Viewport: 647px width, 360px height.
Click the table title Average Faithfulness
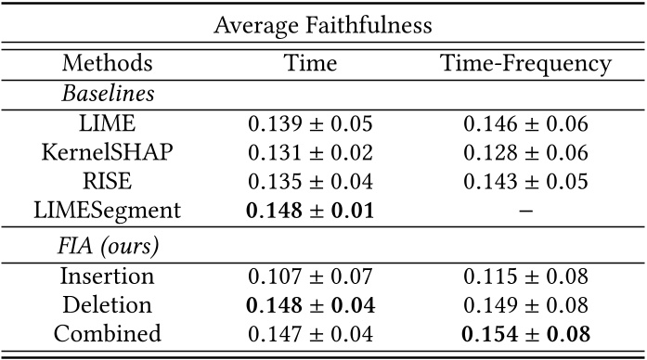323,25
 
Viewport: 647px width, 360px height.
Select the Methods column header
108,64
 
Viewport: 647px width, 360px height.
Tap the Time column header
310,64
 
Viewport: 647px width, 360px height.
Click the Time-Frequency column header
525,64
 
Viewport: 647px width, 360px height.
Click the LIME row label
108,123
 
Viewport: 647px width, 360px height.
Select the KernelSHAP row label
108,153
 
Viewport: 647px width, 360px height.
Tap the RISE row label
108,182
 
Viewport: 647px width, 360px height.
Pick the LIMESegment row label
108,212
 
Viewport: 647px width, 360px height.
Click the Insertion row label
108,276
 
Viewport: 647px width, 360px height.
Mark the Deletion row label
108,304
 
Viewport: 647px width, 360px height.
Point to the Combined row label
108,333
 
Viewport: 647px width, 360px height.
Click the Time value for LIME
310,123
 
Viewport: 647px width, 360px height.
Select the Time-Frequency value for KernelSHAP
525,153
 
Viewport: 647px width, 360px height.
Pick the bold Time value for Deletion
310,304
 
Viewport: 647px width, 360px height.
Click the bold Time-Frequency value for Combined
525,333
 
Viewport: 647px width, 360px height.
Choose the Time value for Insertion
310,276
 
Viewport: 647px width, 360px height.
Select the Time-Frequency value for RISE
525,182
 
